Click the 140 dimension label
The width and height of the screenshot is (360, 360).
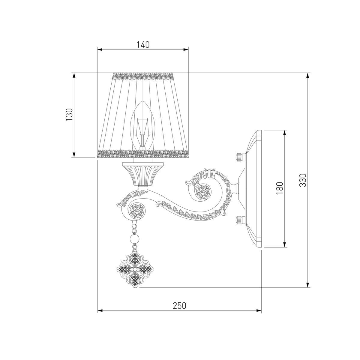point(143,45)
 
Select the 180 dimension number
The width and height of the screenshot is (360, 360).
point(280,188)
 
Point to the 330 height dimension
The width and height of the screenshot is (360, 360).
point(303,180)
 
